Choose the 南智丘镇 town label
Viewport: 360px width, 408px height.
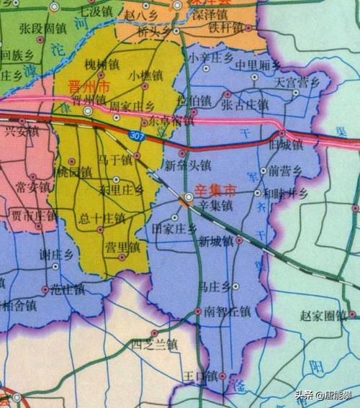tap(227, 312)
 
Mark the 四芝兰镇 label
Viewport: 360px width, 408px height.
tap(154, 344)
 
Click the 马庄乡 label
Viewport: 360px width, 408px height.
tap(214, 286)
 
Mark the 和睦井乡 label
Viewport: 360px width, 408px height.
tap(286, 193)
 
